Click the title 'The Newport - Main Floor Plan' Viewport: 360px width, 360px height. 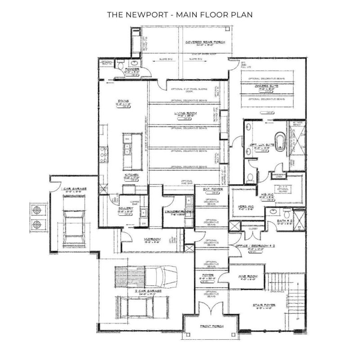[180, 14]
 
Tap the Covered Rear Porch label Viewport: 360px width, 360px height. [205, 43]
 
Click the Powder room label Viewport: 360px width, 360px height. [132, 69]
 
